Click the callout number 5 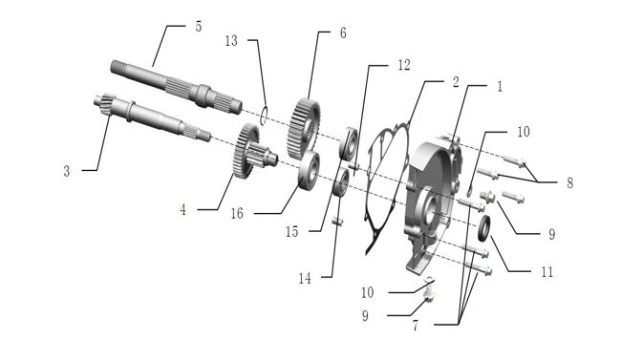(x=199, y=27)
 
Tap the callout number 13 (x=231, y=40)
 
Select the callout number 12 (x=404, y=65)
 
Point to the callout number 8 (x=570, y=183)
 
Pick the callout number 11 (x=546, y=272)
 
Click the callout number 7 (x=415, y=326)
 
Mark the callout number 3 (x=67, y=171)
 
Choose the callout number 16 (x=237, y=214)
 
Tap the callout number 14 (x=305, y=279)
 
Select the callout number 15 (x=292, y=232)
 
